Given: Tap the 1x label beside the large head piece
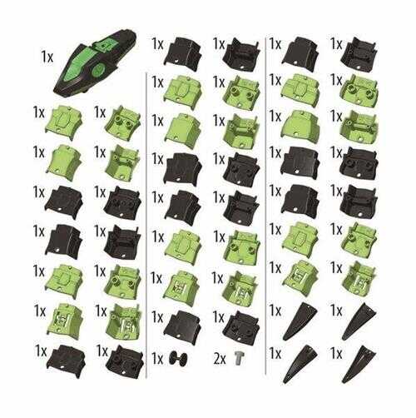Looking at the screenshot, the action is (47, 57).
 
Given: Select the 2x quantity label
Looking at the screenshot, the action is (220, 359).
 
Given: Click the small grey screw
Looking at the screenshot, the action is (238, 357).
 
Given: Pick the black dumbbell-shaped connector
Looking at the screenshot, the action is (178, 358).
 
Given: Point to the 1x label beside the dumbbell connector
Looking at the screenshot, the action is (157, 359).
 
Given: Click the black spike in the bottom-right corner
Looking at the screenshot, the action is (359, 364).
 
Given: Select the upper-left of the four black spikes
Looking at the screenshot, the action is (300, 321).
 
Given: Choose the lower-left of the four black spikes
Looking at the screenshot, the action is (300, 364).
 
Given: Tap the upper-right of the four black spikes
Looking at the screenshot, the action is (359, 321).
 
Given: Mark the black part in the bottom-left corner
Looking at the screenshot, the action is (67, 360).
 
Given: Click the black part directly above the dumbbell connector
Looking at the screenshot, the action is (182, 324).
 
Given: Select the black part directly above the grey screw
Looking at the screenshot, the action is (241, 324).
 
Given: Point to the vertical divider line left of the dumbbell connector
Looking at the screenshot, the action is (146, 225).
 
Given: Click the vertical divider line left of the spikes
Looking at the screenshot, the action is (266, 206).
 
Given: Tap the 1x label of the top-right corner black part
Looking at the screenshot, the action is (336, 44).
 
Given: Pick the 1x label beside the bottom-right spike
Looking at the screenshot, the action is (336, 354).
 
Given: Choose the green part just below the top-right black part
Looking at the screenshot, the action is (359, 91).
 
